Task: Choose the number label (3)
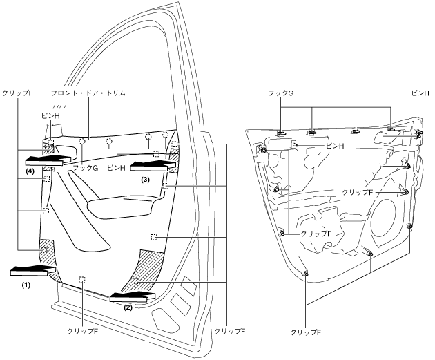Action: (x=145, y=178)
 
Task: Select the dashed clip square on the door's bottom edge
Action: (x=82, y=280)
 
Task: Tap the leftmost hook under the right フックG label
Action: (x=282, y=131)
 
